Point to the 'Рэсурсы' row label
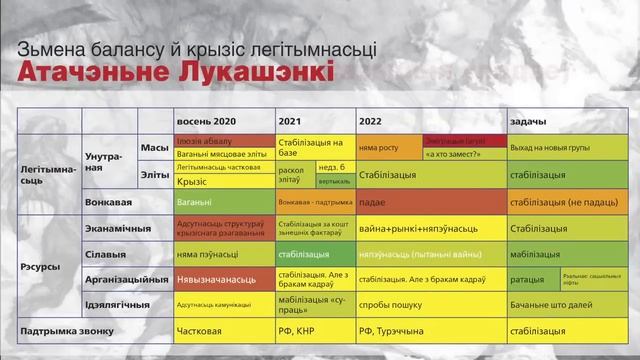coord(42,268)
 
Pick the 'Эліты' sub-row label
coord(154,175)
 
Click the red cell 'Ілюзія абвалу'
coord(225,141)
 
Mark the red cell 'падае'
coord(430,201)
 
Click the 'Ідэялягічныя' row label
coord(124,304)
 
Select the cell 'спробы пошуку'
coord(430,304)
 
